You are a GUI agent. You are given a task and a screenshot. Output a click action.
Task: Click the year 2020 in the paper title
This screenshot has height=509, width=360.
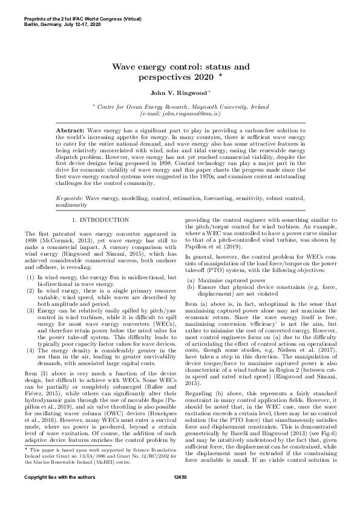coord(202,77)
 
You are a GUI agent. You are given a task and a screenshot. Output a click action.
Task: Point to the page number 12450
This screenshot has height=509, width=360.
coord(180,495)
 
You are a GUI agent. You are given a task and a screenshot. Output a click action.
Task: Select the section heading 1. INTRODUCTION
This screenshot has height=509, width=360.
coord(100,219)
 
